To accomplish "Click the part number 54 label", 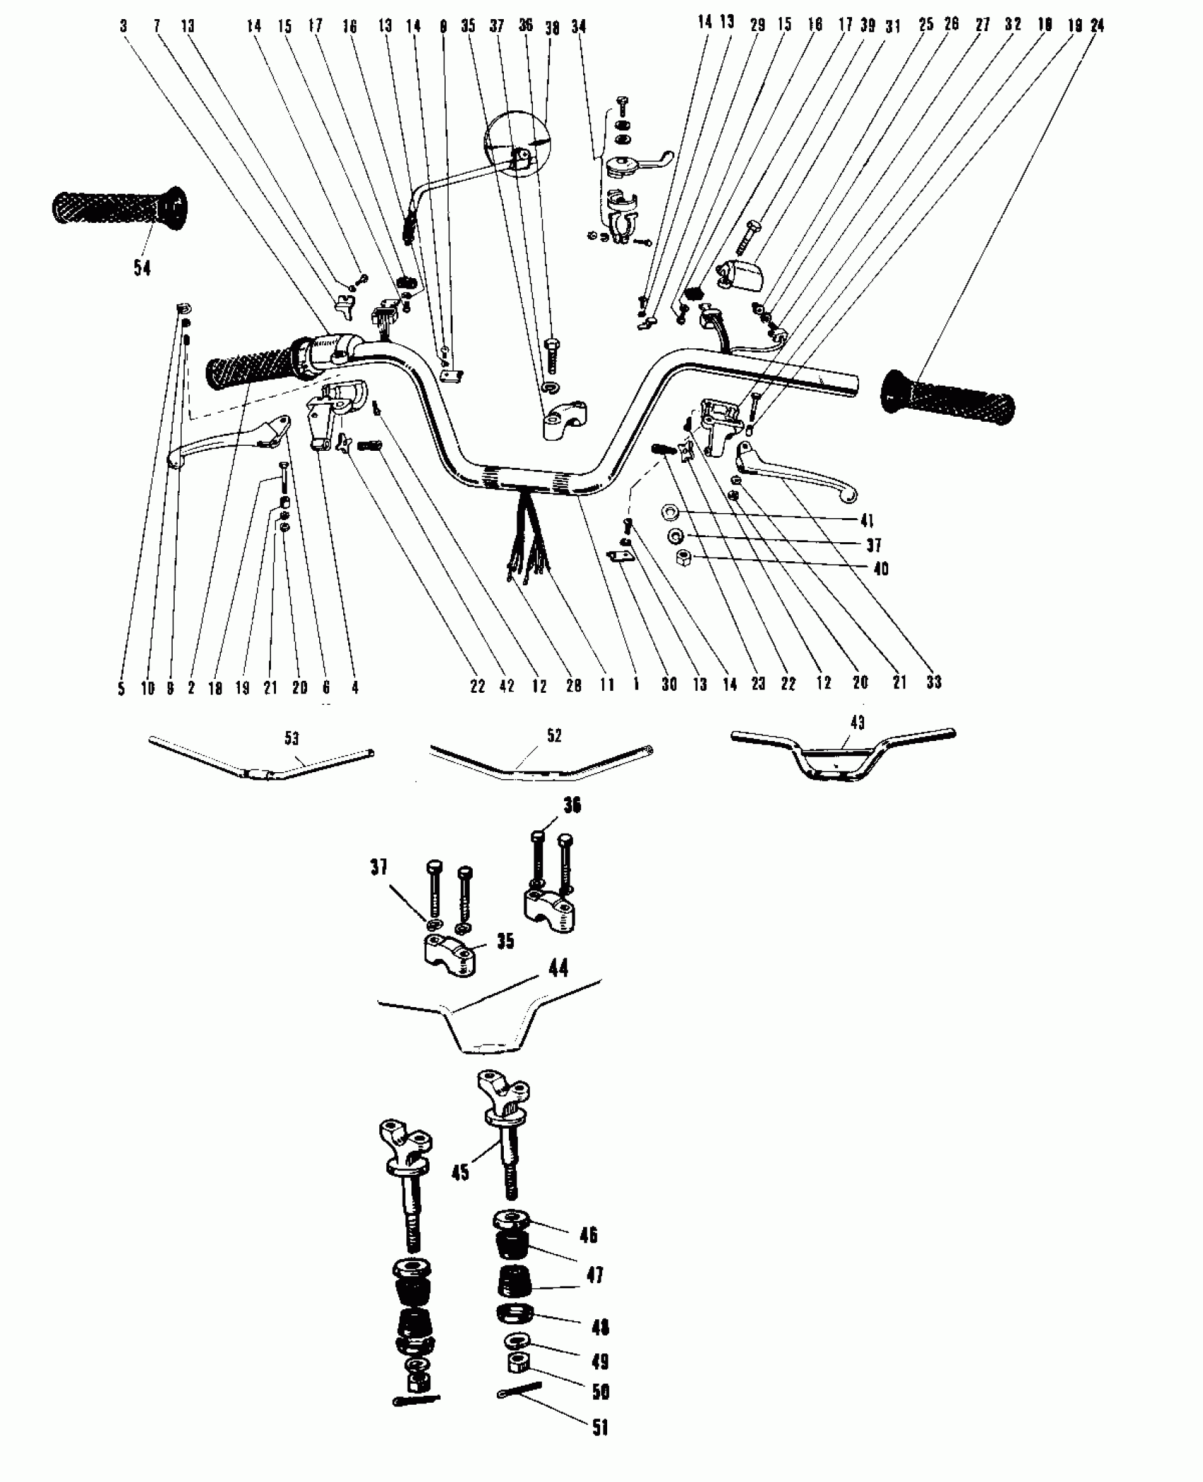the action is (142, 268).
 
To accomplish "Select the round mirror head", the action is (517, 144).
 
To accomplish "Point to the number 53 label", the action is (292, 739).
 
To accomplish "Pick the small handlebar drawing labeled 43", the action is (842, 755).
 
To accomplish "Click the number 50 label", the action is (600, 1391).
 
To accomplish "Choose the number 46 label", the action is (588, 1235).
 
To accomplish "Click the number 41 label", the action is (867, 521).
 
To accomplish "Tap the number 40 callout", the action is (881, 569).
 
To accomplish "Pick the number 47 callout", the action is (595, 1275).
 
